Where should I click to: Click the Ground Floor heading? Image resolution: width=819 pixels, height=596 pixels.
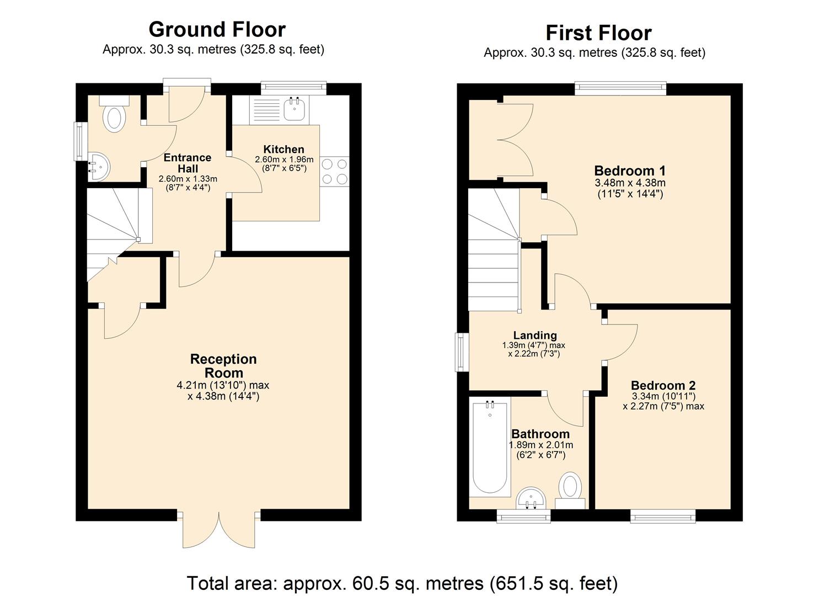coord(217,29)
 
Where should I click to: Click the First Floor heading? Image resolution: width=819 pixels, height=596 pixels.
coord(598,33)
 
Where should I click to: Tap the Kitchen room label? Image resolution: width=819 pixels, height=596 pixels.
coord(283,149)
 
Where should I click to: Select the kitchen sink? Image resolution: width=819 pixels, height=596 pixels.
coord(296,108)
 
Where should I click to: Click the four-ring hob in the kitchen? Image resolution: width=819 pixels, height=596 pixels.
coord(334,171)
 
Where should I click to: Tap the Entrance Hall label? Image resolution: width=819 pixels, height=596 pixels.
coord(188,163)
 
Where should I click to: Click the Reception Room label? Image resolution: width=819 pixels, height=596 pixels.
coord(223,366)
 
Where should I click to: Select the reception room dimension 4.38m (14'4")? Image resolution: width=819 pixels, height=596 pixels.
coord(223,396)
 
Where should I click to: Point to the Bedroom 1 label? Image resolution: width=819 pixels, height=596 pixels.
coord(630,170)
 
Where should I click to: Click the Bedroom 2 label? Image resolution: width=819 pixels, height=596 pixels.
coord(663,385)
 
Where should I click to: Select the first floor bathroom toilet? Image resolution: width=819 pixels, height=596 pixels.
coord(570,489)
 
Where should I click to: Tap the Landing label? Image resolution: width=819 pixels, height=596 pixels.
coord(534,335)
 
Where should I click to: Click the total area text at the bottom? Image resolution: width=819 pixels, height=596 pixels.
coord(402,583)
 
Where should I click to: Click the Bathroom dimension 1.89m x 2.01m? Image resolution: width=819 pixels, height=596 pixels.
coord(540,445)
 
